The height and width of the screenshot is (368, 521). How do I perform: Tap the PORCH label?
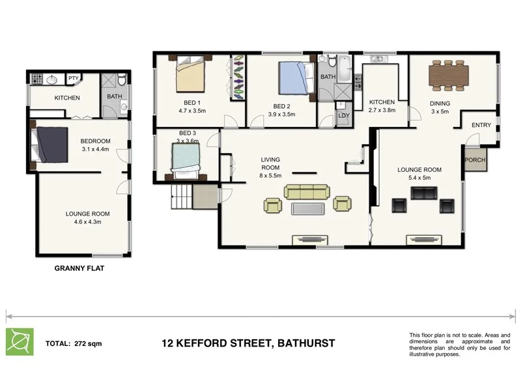tap(475, 160)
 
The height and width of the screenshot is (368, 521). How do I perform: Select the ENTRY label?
tap(481, 125)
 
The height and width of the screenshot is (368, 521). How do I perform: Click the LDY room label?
tap(343, 117)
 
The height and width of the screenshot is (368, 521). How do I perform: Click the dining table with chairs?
tap(450, 77)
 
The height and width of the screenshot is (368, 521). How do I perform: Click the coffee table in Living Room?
tap(307, 208)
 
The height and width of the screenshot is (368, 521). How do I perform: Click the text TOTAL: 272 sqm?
tap(74, 343)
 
